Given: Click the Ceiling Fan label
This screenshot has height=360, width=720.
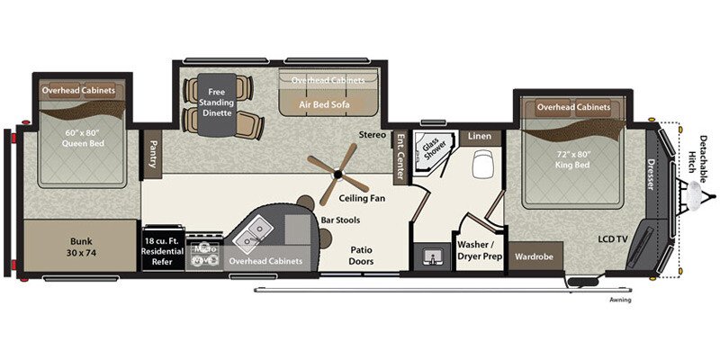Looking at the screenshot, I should coord(362,198).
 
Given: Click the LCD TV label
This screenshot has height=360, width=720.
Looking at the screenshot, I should coord(617,240).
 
